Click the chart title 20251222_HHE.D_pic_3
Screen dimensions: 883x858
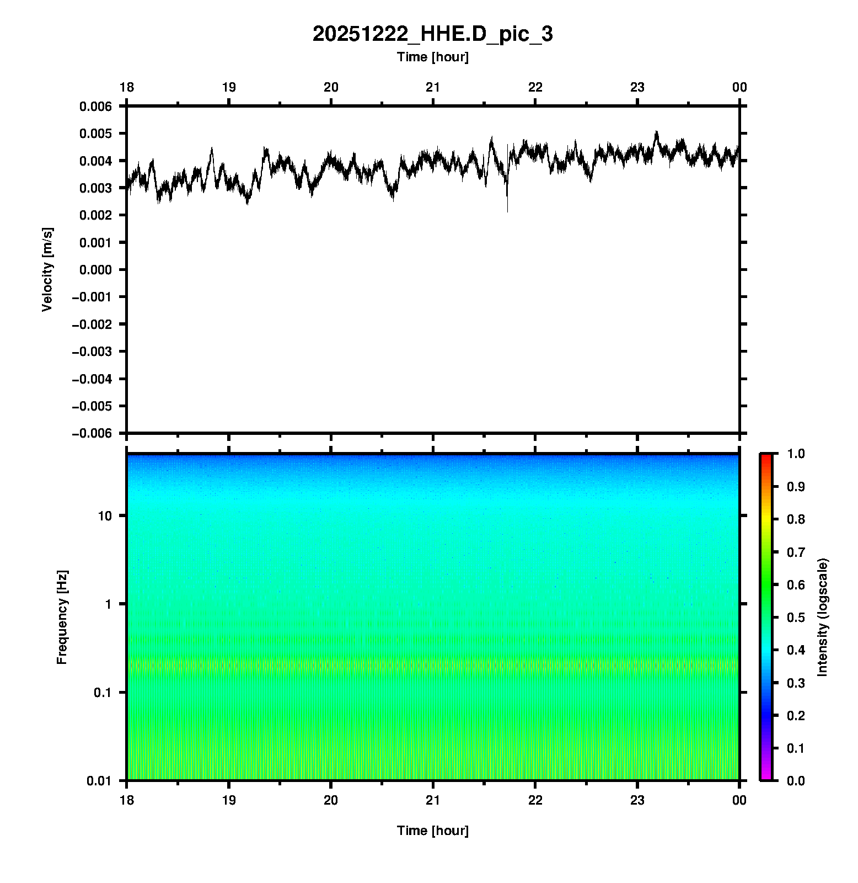[x=432, y=34]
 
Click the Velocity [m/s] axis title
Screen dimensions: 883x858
[x=47, y=269]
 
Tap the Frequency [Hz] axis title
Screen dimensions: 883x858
[x=62, y=617]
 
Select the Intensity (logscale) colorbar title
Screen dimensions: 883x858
[x=823, y=617]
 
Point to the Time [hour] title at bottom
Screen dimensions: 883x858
[x=432, y=831]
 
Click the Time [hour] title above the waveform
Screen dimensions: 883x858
[x=432, y=57]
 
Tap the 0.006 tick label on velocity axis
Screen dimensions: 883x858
[x=95, y=107]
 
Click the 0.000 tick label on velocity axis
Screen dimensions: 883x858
[x=95, y=270]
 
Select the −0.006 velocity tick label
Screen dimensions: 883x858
[x=92, y=433]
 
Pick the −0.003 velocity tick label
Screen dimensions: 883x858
[x=92, y=352]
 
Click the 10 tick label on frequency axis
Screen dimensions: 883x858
[x=105, y=516]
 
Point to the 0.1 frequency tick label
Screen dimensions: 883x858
[x=102, y=693]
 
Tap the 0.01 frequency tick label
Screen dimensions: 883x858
[x=99, y=780]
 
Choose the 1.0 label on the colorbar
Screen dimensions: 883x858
[x=797, y=454]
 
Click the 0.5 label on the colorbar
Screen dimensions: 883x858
[x=797, y=617]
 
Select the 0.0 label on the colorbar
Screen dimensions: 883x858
[x=797, y=780]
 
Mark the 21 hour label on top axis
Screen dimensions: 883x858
[x=433, y=87]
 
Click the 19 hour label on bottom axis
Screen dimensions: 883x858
[x=229, y=800]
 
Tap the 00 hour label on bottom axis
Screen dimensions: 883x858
[x=739, y=800]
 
